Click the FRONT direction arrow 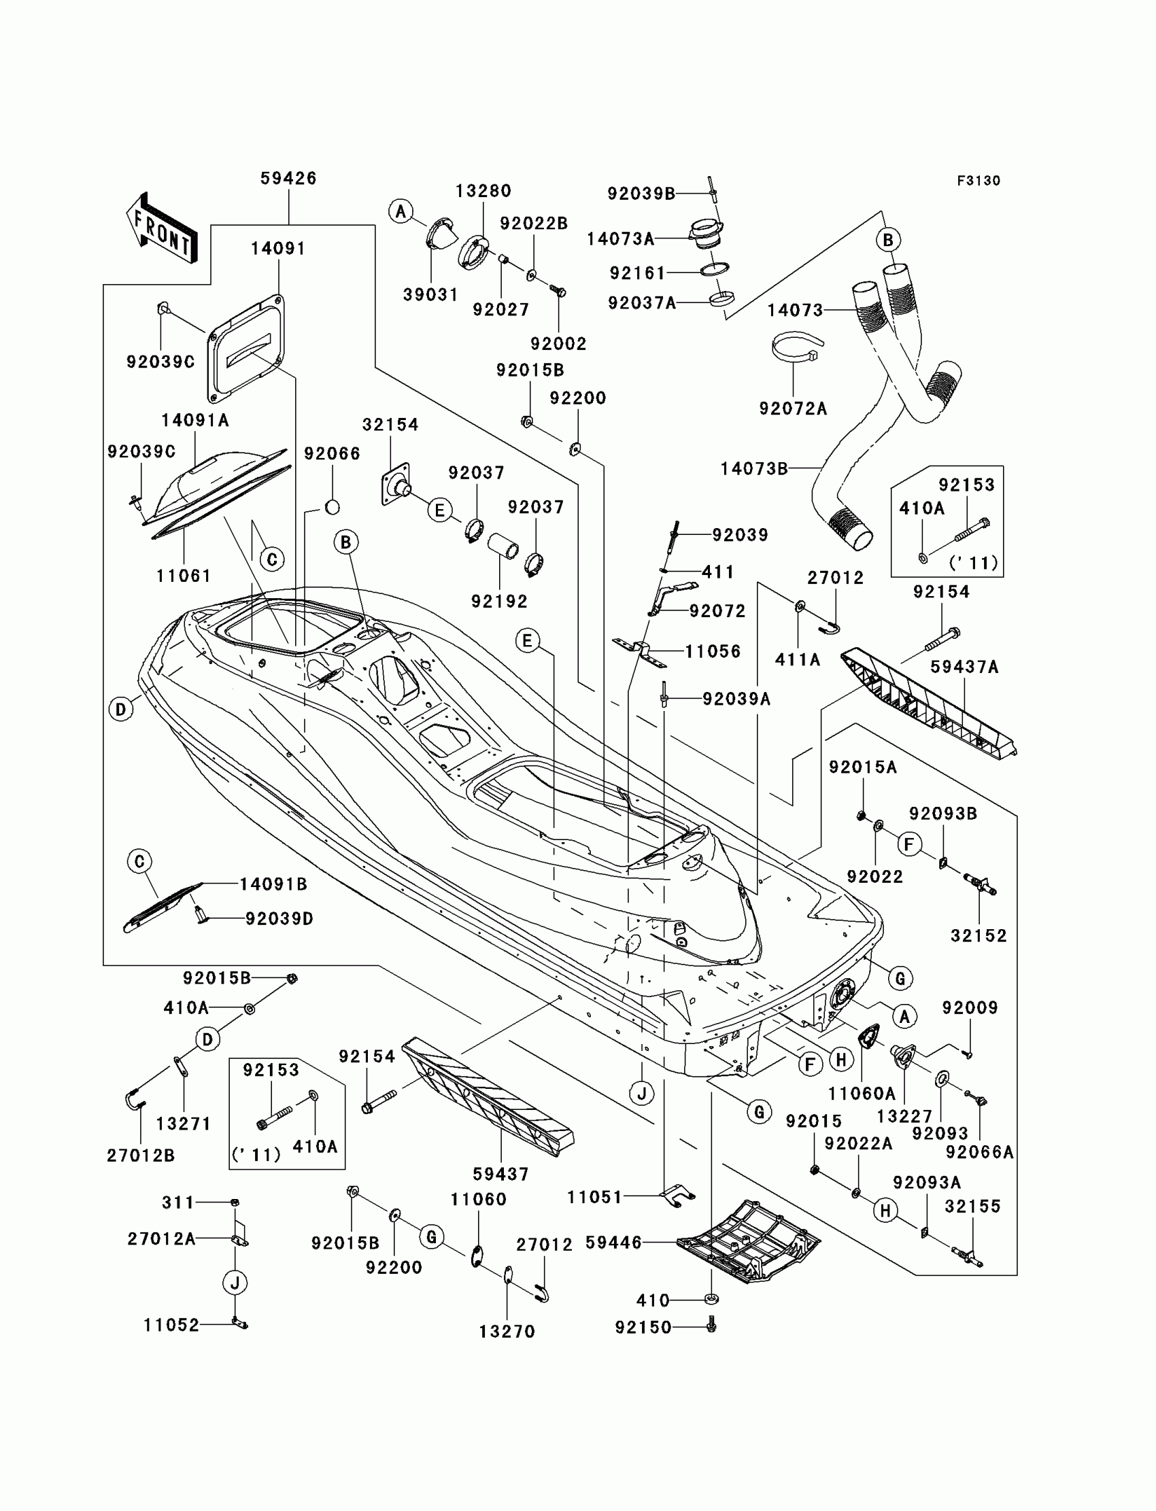(163, 228)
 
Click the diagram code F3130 (979, 181)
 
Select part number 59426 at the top (288, 179)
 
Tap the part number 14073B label (754, 469)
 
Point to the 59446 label (613, 1243)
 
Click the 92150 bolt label (643, 1327)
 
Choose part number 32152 (979, 936)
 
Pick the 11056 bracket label (713, 651)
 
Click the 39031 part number (430, 294)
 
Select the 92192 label (500, 601)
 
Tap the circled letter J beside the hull (642, 1093)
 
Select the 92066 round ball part (333, 508)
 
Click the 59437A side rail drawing (929, 705)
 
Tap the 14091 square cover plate (246, 348)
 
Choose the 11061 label (184, 576)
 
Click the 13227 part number (904, 1116)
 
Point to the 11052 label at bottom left (171, 1325)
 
